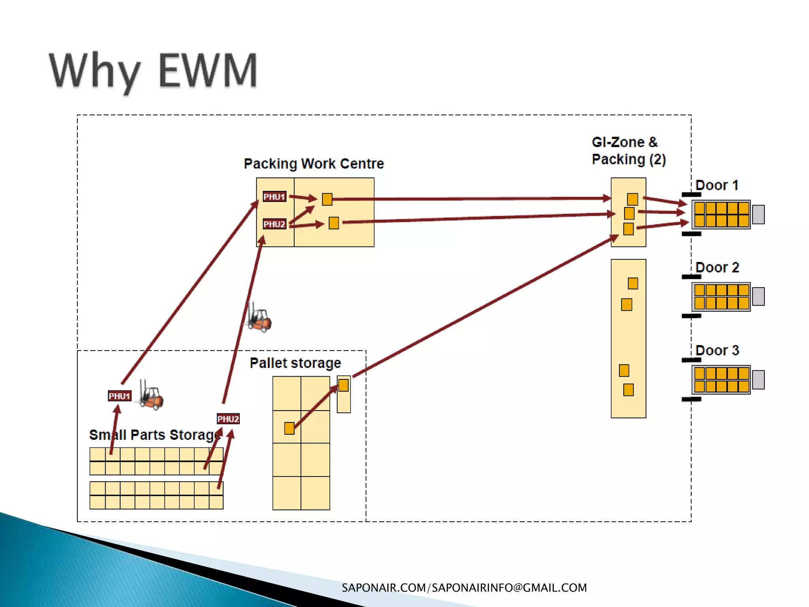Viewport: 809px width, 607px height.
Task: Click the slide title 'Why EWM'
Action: pos(153,71)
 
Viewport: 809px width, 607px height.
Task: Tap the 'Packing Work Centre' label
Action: pos(314,164)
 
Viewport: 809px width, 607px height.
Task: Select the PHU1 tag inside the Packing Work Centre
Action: pos(274,196)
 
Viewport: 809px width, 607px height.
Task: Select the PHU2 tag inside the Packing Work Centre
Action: pos(274,224)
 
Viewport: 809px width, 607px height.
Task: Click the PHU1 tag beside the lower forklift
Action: pos(119,396)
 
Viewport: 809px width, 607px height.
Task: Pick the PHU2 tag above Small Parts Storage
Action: pos(228,418)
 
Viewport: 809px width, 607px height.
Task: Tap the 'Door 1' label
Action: pos(717,185)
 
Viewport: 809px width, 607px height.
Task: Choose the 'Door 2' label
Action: pos(717,268)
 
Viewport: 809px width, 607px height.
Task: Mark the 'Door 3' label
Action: pos(717,350)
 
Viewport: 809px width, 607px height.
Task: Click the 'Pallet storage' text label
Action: pos(295,363)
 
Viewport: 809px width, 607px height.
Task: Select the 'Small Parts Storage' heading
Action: pos(154,435)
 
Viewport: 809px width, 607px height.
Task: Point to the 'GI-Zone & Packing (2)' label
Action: pos(628,151)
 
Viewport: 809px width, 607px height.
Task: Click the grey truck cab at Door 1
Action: pos(758,215)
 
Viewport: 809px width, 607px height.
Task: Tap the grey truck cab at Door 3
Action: pos(758,380)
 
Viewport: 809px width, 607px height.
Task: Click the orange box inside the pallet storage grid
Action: pos(289,428)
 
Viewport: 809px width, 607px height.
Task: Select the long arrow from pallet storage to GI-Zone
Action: pos(486,306)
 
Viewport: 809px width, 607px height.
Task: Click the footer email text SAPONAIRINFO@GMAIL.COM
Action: pos(509,588)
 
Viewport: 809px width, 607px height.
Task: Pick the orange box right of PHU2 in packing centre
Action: pos(334,223)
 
